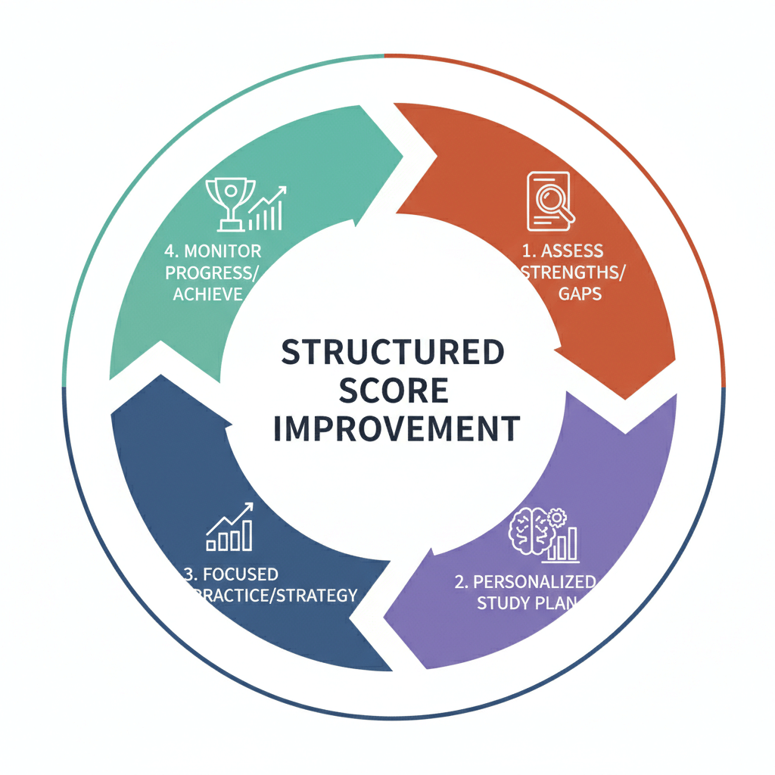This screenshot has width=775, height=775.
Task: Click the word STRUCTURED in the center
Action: tap(392, 353)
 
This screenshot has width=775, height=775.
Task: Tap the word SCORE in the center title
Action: tap(392, 391)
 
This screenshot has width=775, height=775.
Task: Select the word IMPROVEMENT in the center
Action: tap(395, 428)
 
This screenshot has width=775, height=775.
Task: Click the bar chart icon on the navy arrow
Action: tap(229, 528)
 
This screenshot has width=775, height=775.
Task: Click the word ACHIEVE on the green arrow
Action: tap(208, 294)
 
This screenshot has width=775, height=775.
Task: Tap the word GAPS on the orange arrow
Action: tap(580, 294)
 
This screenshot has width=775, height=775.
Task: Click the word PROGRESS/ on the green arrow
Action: tap(212, 272)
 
